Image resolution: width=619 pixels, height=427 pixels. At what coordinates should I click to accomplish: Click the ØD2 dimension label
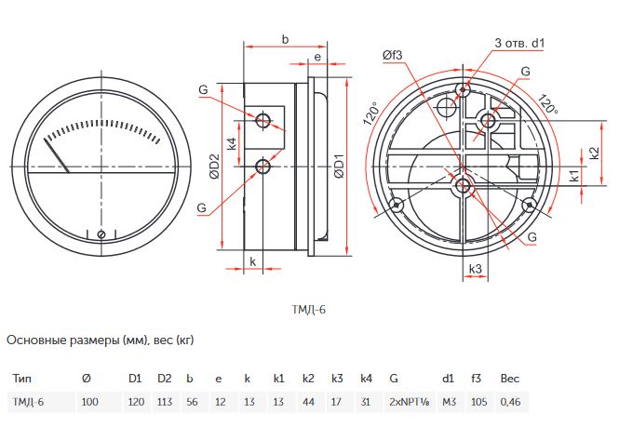coord(214,168)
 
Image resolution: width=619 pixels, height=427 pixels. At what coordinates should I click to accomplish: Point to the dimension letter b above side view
coord(285,38)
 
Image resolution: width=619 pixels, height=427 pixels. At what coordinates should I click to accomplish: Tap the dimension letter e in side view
coord(317,57)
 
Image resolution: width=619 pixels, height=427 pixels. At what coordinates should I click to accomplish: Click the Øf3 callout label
coord(392,55)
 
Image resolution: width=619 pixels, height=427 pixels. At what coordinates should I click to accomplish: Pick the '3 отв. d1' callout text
coord(519,43)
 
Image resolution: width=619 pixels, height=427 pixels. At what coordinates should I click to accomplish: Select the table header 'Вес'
coord(510,380)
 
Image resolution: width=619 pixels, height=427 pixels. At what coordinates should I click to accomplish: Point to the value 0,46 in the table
coord(511,401)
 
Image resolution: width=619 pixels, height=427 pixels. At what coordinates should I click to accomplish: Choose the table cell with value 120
coord(135,401)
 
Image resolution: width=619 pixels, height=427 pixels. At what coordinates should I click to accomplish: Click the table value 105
coord(478,401)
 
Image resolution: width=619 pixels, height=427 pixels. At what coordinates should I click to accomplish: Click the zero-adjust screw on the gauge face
coord(101,234)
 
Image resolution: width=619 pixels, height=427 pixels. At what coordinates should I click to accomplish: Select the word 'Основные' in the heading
coord(35,340)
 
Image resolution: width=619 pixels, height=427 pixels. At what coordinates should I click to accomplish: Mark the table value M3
coord(449,401)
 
